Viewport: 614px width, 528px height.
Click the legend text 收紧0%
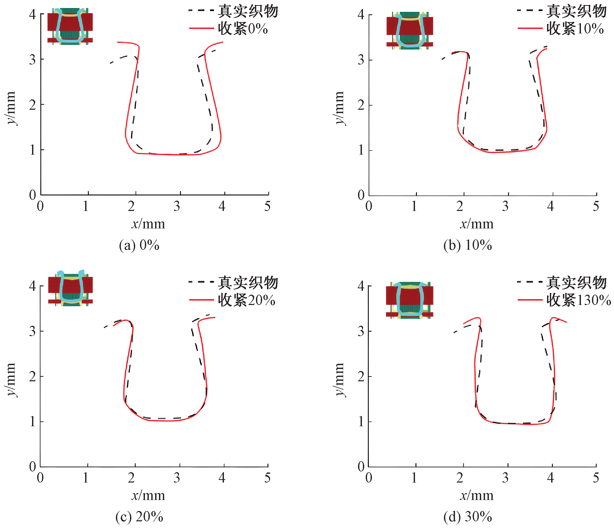(x=243, y=29)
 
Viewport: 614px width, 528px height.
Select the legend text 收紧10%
(x=575, y=29)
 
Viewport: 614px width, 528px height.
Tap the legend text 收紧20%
(x=246, y=300)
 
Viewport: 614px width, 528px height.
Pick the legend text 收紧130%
(x=578, y=300)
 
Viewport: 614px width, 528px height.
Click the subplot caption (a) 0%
(x=139, y=245)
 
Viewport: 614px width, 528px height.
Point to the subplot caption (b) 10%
(x=468, y=245)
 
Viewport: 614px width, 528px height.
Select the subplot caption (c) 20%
(x=139, y=517)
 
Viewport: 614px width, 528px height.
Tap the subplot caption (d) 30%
(x=468, y=517)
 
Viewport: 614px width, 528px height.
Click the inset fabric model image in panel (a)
(x=70, y=26)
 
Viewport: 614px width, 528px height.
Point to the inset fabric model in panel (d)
(x=410, y=300)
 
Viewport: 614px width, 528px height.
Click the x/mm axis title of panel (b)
(x=477, y=224)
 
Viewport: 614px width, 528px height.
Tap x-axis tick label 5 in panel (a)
(x=267, y=206)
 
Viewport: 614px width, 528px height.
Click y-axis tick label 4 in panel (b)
(x=361, y=14)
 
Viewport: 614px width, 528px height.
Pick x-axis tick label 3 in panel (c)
(x=177, y=478)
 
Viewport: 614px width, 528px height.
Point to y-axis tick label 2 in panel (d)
(x=361, y=377)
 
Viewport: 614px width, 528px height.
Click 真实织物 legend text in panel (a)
(x=248, y=11)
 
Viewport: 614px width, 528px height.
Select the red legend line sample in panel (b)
(x=530, y=29)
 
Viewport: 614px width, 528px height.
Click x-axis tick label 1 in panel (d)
(x=414, y=478)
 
